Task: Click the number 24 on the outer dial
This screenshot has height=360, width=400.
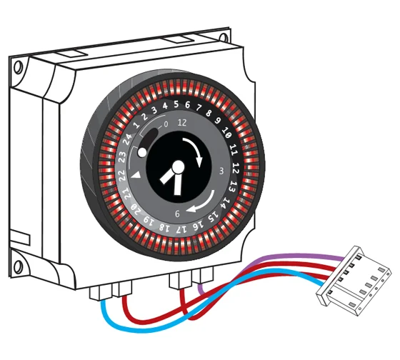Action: [x=128, y=139]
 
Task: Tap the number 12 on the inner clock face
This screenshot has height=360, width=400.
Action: [x=182, y=123]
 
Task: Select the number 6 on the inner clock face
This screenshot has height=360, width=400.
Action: [x=177, y=214]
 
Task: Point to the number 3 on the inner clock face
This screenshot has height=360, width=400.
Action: [x=221, y=171]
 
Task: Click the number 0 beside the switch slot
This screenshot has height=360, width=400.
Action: [x=166, y=124]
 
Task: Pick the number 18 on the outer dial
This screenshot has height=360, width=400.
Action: [x=164, y=227]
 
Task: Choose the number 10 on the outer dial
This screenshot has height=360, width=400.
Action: [x=226, y=132]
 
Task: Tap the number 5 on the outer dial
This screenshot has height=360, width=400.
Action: [x=176, y=104]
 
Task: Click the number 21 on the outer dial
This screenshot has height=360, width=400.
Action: [x=127, y=194]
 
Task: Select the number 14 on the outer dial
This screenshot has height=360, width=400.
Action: [x=226, y=203]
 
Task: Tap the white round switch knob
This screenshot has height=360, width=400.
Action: [x=142, y=152]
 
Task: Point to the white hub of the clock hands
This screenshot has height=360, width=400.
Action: [x=178, y=167]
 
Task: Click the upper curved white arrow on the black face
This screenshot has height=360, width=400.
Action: [x=196, y=147]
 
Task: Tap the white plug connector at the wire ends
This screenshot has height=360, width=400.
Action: [x=354, y=281]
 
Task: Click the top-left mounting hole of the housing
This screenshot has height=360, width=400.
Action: [x=18, y=67]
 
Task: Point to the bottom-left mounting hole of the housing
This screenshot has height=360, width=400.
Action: [x=18, y=266]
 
